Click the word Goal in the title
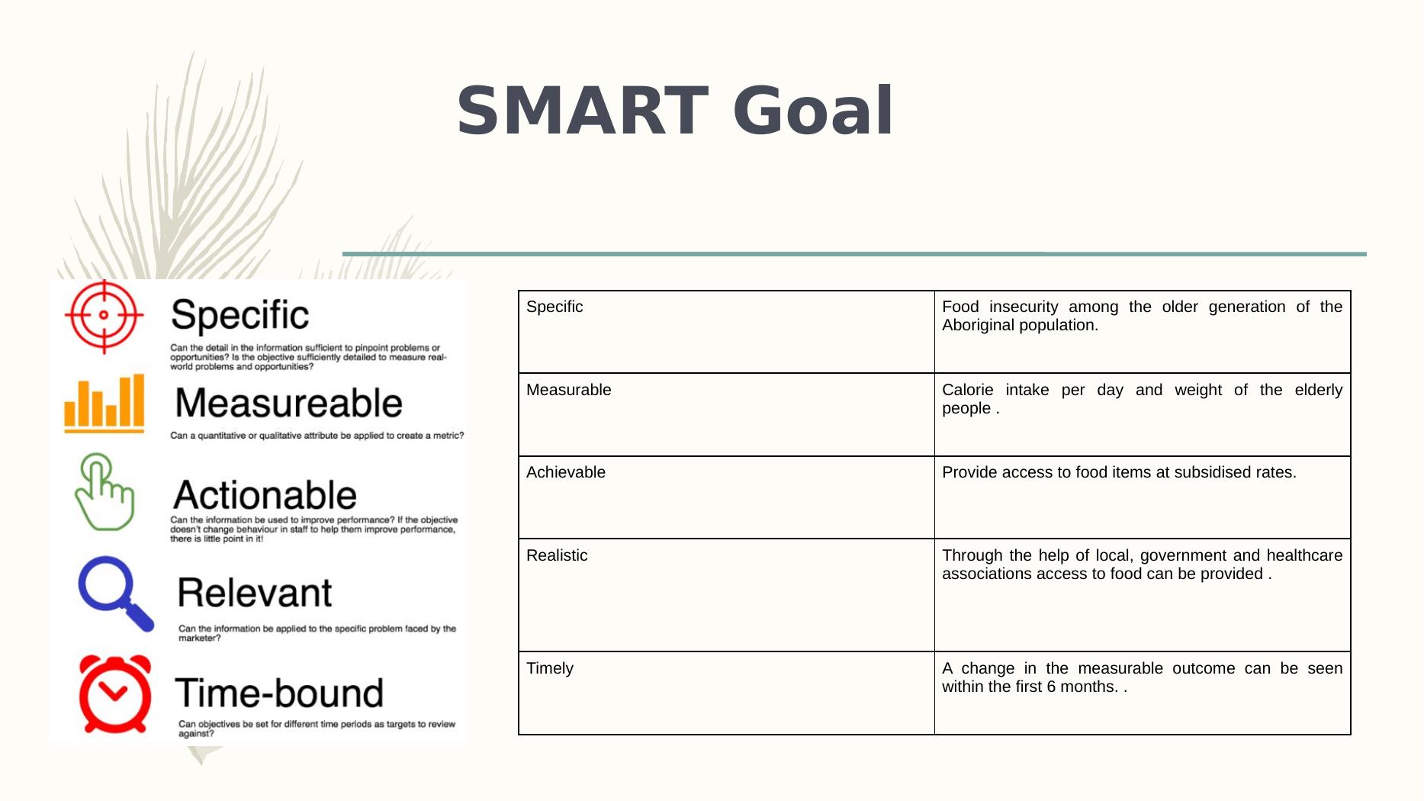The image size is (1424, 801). coord(813,111)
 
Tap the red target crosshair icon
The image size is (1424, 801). coord(104,316)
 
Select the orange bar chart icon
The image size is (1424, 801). coord(104,403)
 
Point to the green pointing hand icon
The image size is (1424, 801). coord(104,492)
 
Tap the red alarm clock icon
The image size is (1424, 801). coord(115,693)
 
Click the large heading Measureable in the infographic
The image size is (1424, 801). coord(289,403)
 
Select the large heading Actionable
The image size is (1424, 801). coord(265,495)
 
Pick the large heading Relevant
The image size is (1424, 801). coord(255,593)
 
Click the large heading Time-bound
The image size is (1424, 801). coord(279,693)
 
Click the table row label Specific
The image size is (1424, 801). coord(554,307)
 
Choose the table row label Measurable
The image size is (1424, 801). coord(569,390)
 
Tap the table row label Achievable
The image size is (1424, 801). coord(566,472)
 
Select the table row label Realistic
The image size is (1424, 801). coord(557,555)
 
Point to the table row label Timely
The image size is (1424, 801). coord(550,669)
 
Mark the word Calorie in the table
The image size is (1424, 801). coord(968,390)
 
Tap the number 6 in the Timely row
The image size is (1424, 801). coord(1051,687)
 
